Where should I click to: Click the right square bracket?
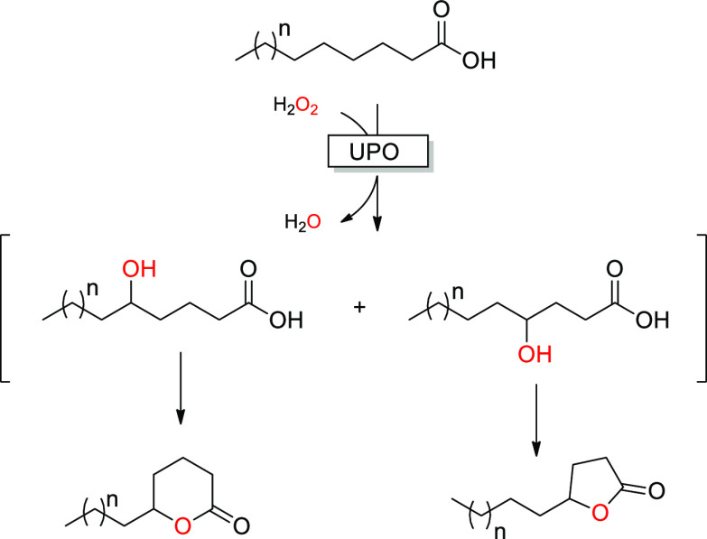698,307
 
